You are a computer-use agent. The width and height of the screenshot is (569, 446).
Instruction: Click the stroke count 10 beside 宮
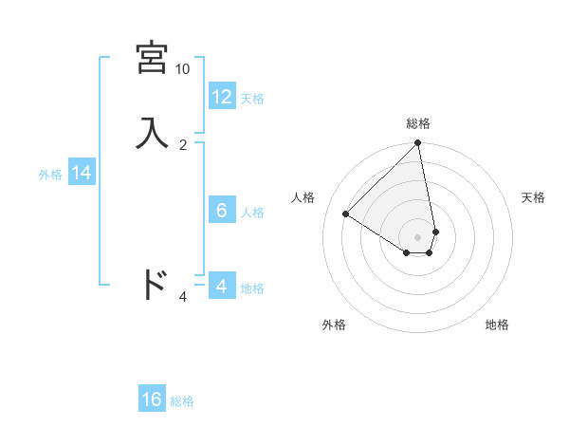point(182,69)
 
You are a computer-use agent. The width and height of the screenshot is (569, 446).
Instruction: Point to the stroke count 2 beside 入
point(183,144)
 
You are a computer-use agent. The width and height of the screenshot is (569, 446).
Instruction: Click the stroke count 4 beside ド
point(183,297)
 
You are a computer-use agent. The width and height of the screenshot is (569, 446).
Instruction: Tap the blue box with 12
point(222,96)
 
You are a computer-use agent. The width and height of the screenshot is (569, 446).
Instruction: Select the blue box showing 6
point(222,210)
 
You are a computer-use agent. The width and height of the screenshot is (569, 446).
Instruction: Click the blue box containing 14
point(82,173)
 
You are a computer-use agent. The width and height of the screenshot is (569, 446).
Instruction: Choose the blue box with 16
point(152,400)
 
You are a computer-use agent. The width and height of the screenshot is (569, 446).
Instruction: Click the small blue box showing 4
point(222,286)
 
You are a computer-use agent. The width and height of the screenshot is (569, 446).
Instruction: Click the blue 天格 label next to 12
point(252,99)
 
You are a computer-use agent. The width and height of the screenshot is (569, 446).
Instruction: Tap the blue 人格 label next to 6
point(252,213)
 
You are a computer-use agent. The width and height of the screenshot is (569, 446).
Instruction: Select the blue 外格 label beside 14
point(50,175)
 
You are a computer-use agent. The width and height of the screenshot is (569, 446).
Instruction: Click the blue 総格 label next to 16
point(182,401)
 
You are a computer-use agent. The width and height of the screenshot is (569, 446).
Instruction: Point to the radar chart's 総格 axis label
point(418,123)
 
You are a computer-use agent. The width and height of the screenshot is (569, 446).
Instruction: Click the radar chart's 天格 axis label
point(533,197)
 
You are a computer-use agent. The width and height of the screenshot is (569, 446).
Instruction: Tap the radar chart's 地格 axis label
point(497,325)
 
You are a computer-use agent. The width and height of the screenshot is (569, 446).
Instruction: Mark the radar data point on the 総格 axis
point(418,144)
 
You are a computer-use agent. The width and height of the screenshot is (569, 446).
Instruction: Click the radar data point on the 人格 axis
point(346,214)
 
